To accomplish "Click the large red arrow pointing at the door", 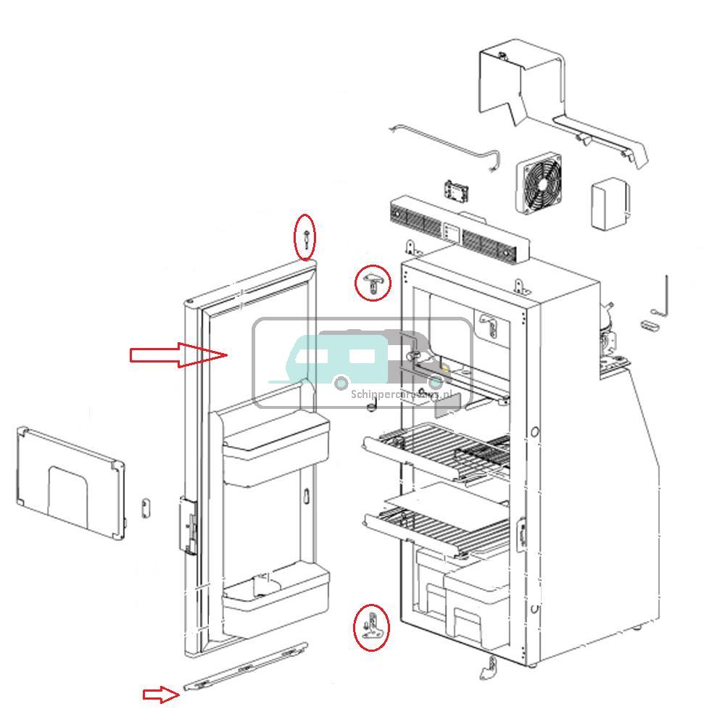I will tap(178, 355).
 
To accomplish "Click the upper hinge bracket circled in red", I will tap(373, 281).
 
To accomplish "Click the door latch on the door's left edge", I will tap(189, 526).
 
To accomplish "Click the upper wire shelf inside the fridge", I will tap(435, 449).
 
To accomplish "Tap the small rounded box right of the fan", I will tap(610, 204).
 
